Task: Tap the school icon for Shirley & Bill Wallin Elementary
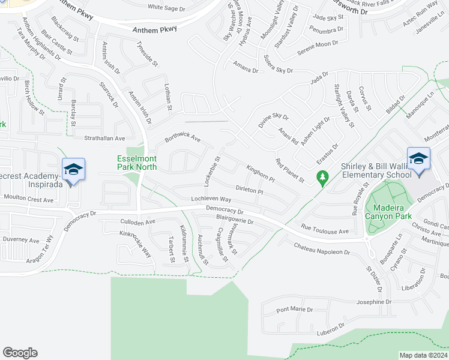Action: tap(418, 158)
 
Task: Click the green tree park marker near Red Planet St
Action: tap(323, 178)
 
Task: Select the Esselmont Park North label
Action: tap(136, 163)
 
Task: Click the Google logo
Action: tap(20, 353)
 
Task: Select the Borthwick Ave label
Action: tap(182, 139)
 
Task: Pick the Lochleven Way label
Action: tap(211, 199)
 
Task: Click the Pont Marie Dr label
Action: tap(294, 310)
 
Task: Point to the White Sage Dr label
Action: tap(166, 8)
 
